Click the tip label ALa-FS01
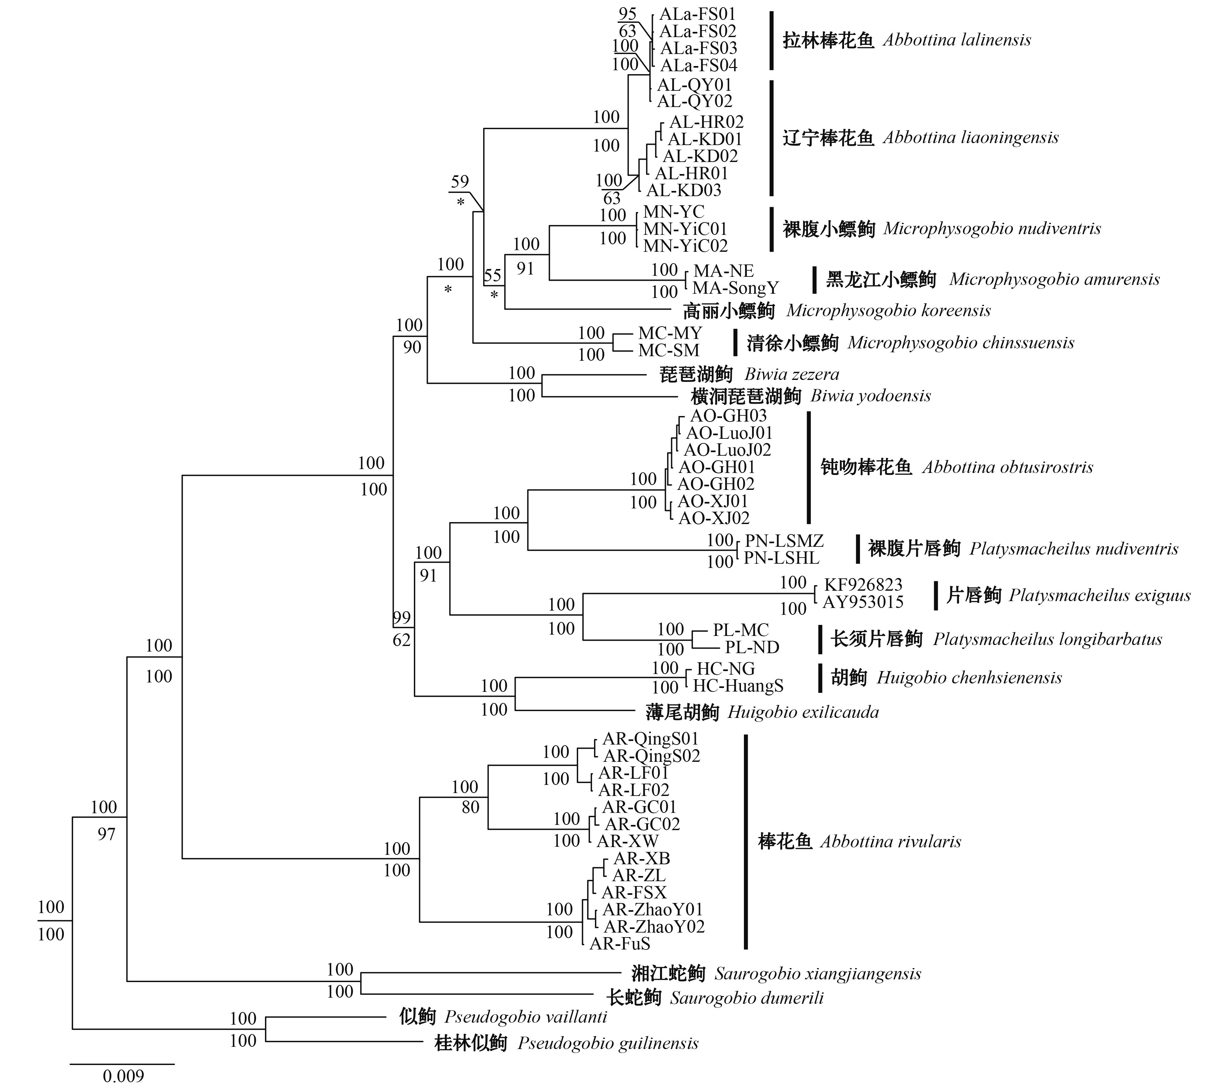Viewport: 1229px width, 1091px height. coord(697,14)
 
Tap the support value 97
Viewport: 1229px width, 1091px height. coord(106,834)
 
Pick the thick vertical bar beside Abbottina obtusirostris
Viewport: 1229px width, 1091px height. coord(809,467)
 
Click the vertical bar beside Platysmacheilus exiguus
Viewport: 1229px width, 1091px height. coord(936,595)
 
